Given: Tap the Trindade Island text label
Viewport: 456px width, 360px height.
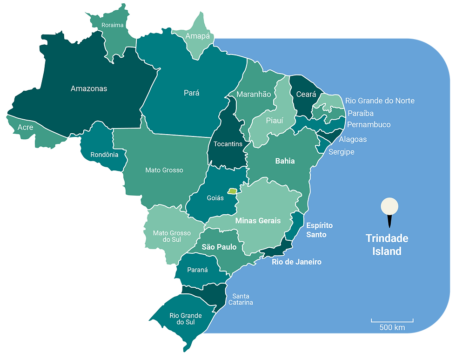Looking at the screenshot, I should coord(387,245).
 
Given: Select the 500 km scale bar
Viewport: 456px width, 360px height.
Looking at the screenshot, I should coord(392,320).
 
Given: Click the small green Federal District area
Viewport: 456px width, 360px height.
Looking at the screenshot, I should coord(232,190).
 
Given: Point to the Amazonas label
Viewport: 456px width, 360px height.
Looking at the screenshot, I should coord(89,88).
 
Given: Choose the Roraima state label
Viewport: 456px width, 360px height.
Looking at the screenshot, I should coord(114,25).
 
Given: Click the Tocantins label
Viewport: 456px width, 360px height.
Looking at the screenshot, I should coord(228,144).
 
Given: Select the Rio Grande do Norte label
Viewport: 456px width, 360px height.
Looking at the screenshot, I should coord(380,101).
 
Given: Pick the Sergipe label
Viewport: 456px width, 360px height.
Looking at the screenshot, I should coord(342,152).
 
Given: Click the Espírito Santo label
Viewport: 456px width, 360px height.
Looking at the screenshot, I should coord(319,230).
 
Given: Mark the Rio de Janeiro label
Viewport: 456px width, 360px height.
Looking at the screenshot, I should coord(296,262).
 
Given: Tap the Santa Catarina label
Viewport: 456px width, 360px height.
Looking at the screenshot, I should coord(241,299).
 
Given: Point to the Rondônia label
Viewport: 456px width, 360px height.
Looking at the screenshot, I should coord(105,155).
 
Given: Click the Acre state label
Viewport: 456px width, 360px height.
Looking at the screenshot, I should coord(25,127).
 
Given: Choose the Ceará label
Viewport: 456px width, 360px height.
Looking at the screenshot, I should coord(306,95).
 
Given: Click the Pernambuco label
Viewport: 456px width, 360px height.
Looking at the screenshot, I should coord(369,125).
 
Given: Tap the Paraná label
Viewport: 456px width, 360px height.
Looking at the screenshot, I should coord(197,270).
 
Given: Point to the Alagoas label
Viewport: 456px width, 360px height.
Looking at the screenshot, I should coord(353,139).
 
